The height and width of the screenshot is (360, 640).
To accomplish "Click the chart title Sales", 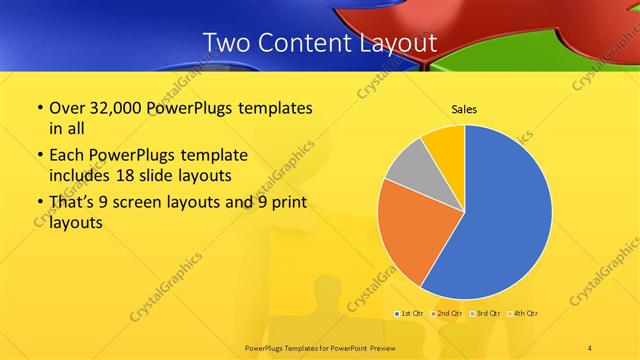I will [464, 109].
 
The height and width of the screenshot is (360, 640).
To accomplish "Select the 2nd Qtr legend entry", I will [447, 313].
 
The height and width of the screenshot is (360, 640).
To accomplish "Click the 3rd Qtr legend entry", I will [486, 313].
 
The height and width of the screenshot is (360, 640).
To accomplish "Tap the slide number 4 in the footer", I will [590, 347].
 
